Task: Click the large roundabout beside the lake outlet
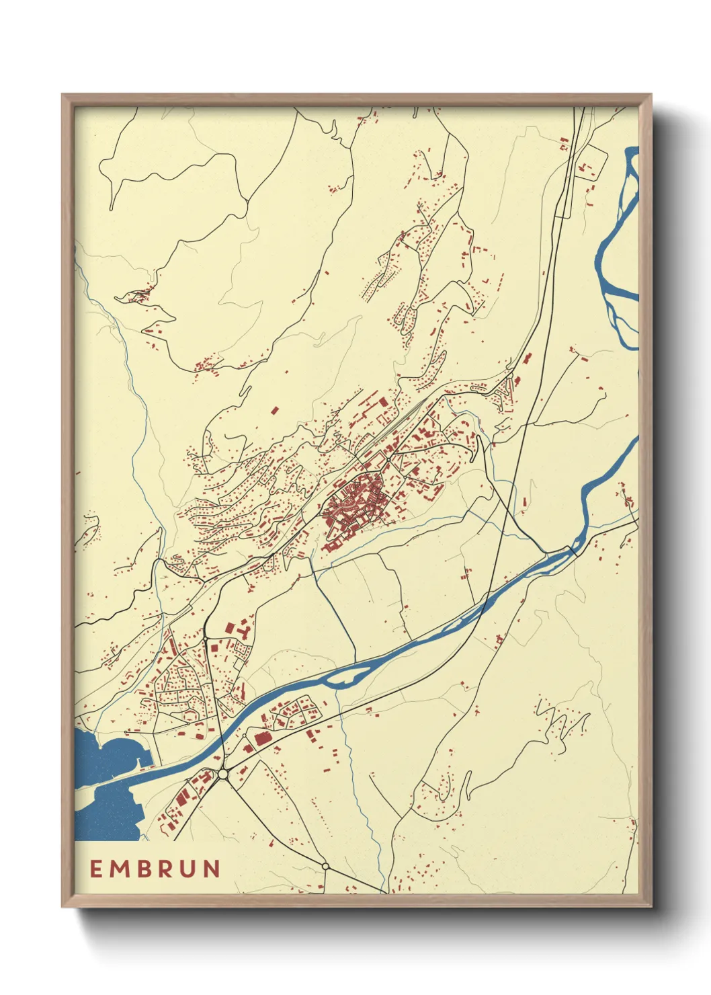point(223,774)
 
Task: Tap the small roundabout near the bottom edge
point(326,866)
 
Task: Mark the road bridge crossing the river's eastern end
point(573,550)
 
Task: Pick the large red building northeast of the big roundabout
point(261,738)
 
